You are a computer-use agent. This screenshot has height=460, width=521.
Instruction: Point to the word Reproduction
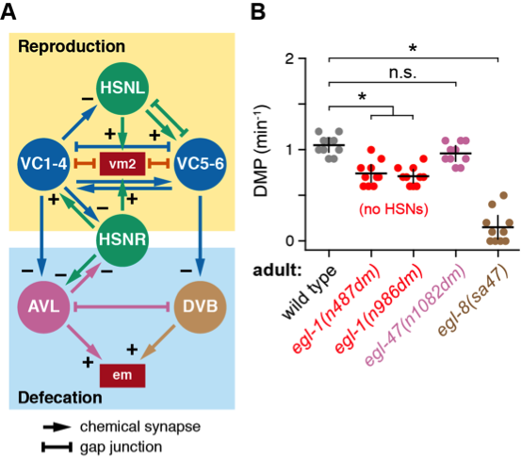[x=73, y=46]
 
